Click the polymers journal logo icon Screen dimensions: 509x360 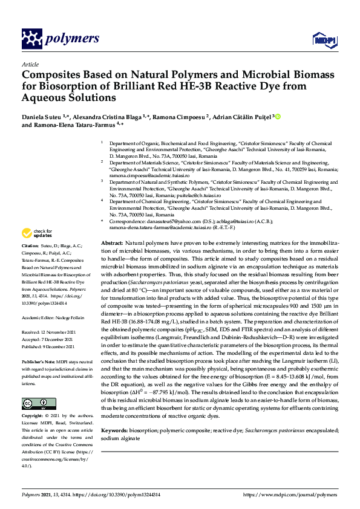[x=33, y=39]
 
